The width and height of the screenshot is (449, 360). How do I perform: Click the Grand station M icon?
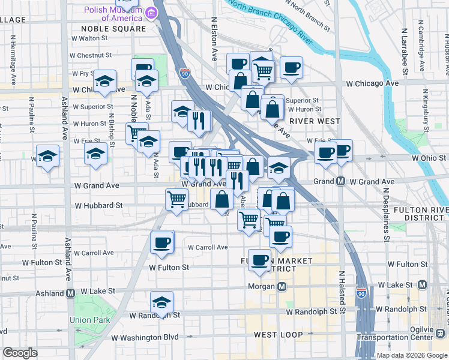pyautogui.click(x=340, y=181)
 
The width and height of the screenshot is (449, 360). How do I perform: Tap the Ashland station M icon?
pyautogui.click(x=71, y=293)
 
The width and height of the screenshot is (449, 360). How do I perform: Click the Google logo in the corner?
pyautogui.click(x=20, y=353)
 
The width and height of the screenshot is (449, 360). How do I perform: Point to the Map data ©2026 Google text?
pyautogui.click(x=411, y=355)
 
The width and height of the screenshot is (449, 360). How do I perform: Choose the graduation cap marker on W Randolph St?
pyautogui.click(x=161, y=303)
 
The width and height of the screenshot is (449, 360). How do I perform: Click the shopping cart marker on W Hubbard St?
pyautogui.click(x=176, y=199)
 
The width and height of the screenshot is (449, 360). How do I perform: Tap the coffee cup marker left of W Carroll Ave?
pyautogui.click(x=161, y=242)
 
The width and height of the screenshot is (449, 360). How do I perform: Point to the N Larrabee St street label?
pyautogui.click(x=405, y=51)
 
